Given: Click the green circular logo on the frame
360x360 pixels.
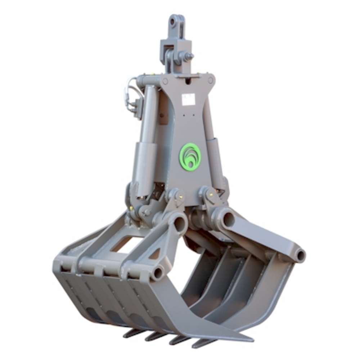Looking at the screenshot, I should (x=190, y=156).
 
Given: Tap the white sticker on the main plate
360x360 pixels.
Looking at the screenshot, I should (x=188, y=99).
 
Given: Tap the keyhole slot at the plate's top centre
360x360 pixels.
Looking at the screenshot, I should (x=187, y=82).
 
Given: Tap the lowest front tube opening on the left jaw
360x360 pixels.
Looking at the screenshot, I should (x=157, y=274).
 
